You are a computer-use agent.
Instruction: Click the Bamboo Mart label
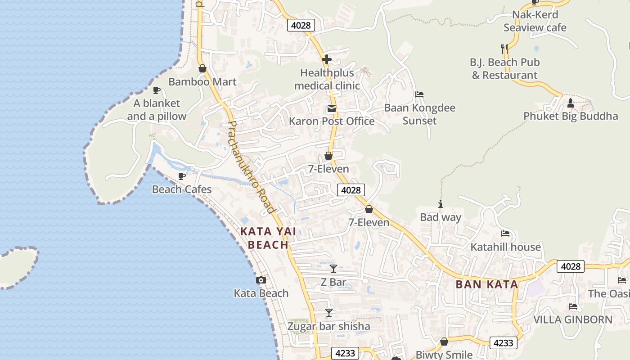pos(202,82)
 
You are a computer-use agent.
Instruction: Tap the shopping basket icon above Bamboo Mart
pos(202,68)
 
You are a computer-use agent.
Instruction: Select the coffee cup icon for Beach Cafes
pos(182,176)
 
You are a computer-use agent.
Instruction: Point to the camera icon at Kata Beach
pos(261,280)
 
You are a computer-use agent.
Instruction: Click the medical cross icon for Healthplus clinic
pos(327,59)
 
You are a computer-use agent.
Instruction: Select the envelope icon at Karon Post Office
pos(332,108)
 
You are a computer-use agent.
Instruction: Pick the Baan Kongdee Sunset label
pos(419,114)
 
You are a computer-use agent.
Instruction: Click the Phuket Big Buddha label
pos(571,116)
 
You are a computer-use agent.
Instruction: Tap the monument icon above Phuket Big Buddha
pos(571,103)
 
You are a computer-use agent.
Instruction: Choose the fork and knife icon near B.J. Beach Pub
pos(504,48)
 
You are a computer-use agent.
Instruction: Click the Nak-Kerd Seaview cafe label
pos(535,21)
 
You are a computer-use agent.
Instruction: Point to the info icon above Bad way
pos(441,204)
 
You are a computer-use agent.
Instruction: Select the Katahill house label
pos(505,247)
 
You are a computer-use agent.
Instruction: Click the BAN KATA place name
pos(487,284)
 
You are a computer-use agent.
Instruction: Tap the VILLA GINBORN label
pos(572,319)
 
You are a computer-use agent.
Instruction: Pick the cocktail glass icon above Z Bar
pos(333,269)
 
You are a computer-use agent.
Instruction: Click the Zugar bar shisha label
pos(329,326)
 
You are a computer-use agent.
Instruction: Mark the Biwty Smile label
pos(444,355)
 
